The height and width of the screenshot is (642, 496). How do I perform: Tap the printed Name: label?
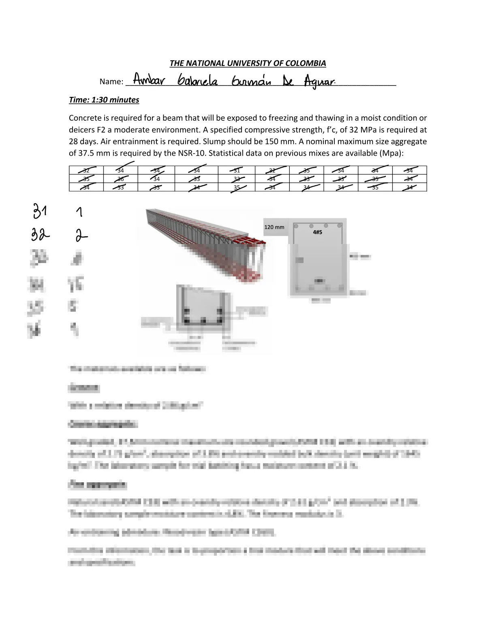[x=111, y=81]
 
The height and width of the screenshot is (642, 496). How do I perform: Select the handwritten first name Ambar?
[x=149, y=80]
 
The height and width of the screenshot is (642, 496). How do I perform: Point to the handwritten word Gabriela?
[x=197, y=81]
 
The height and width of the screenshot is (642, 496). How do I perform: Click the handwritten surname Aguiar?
[x=319, y=82]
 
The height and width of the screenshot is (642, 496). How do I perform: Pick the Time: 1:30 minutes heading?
[x=104, y=100]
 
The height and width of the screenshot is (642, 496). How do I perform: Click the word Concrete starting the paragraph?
[x=86, y=118]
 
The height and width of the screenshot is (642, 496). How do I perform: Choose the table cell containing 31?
[x=237, y=170]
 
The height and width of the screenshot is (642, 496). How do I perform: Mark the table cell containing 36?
[x=121, y=179]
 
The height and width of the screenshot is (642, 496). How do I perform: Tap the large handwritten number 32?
[x=41, y=234]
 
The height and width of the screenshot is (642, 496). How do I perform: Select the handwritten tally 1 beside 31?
[x=79, y=211]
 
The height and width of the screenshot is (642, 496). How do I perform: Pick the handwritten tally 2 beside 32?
[x=81, y=235]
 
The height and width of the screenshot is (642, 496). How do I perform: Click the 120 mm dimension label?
[x=274, y=227]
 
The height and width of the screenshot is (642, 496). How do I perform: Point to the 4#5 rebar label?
[x=318, y=232]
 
